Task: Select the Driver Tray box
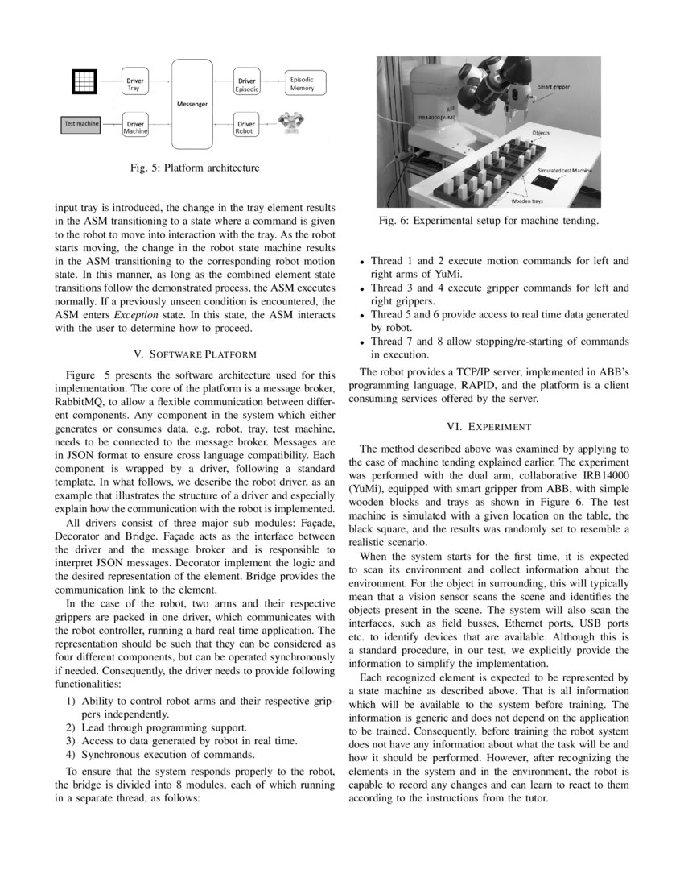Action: (x=134, y=84)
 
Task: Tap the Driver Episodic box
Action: (x=245, y=84)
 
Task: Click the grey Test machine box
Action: (x=81, y=124)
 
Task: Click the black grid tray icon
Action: (x=83, y=81)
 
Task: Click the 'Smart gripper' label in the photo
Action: (x=556, y=85)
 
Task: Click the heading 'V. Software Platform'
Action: (x=193, y=354)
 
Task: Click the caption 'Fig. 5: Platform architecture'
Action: (x=194, y=168)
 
